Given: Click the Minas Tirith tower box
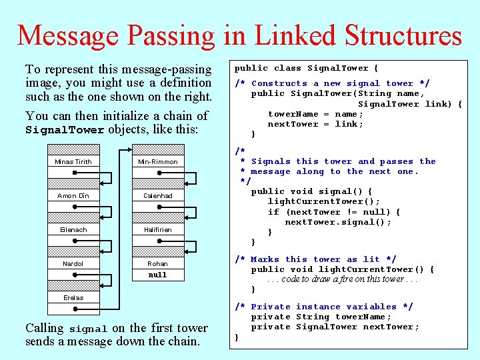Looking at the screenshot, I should tap(73, 162).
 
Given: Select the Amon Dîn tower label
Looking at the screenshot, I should tap(73, 196).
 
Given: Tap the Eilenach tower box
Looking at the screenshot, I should tap(73, 230).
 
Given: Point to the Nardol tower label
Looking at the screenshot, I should tap(73, 264).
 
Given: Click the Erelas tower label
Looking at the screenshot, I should tap(73, 297).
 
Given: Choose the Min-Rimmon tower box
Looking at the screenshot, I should tap(157, 162).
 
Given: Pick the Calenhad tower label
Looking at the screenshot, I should tap(157, 196).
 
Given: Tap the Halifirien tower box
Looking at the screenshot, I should tap(157, 230).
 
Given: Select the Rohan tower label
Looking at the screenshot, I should tap(157, 264).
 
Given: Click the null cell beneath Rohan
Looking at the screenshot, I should tap(157, 275).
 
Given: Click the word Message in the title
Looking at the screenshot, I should tap(69, 35).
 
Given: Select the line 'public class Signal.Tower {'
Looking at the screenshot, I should tap(306, 68).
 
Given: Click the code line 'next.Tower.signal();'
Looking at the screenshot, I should tap(338, 222).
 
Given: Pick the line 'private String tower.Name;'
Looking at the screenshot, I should tap(321, 317).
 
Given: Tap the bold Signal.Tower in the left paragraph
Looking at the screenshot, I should tap(65, 130).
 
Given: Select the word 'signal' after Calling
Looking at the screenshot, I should tap(88, 329).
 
